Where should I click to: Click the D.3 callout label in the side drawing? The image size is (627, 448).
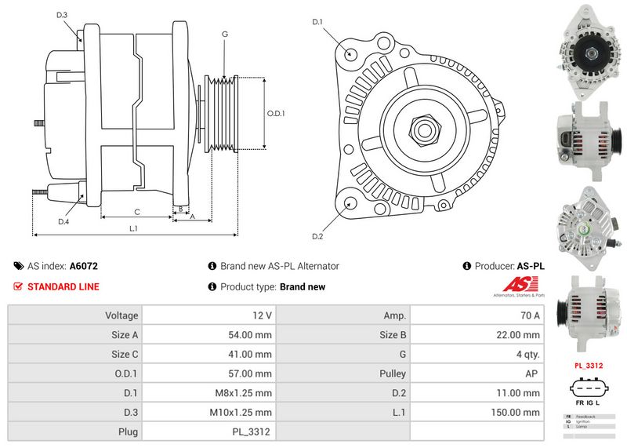pyautogui.click(x=63, y=15)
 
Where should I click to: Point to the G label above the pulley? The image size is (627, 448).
pyautogui.click(x=225, y=34)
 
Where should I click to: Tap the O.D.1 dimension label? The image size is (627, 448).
pyautogui.click(x=276, y=113)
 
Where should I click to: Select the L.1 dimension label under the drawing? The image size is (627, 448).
pyautogui.click(x=133, y=228)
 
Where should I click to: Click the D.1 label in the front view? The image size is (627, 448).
pyautogui.click(x=317, y=21)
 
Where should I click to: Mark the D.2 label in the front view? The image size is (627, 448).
pyautogui.click(x=317, y=236)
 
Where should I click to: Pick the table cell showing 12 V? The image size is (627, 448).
pyautogui.click(x=263, y=315)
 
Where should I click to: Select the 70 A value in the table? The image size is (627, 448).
pyautogui.click(x=531, y=315)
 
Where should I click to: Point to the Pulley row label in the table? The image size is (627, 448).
pyautogui.click(x=392, y=373)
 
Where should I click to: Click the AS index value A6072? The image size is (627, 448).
pyautogui.click(x=84, y=266)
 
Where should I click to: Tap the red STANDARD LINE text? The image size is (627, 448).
pyautogui.click(x=63, y=286)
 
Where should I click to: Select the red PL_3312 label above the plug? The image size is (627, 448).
pyautogui.click(x=589, y=365)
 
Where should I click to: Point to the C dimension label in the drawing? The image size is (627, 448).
pyautogui.click(x=137, y=212)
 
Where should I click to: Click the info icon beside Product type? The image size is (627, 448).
pyautogui.click(x=212, y=286)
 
